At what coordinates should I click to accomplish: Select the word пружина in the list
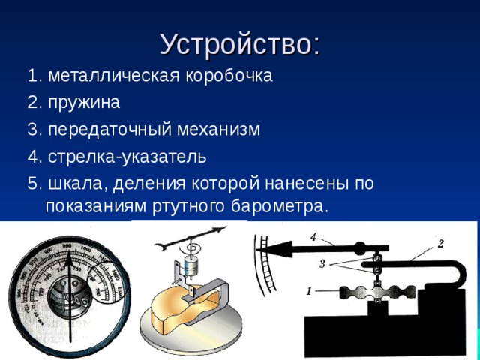(83, 102)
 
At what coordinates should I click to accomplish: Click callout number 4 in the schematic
(313, 237)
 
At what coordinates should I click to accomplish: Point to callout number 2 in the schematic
(440, 242)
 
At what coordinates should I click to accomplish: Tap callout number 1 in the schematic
(309, 291)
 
